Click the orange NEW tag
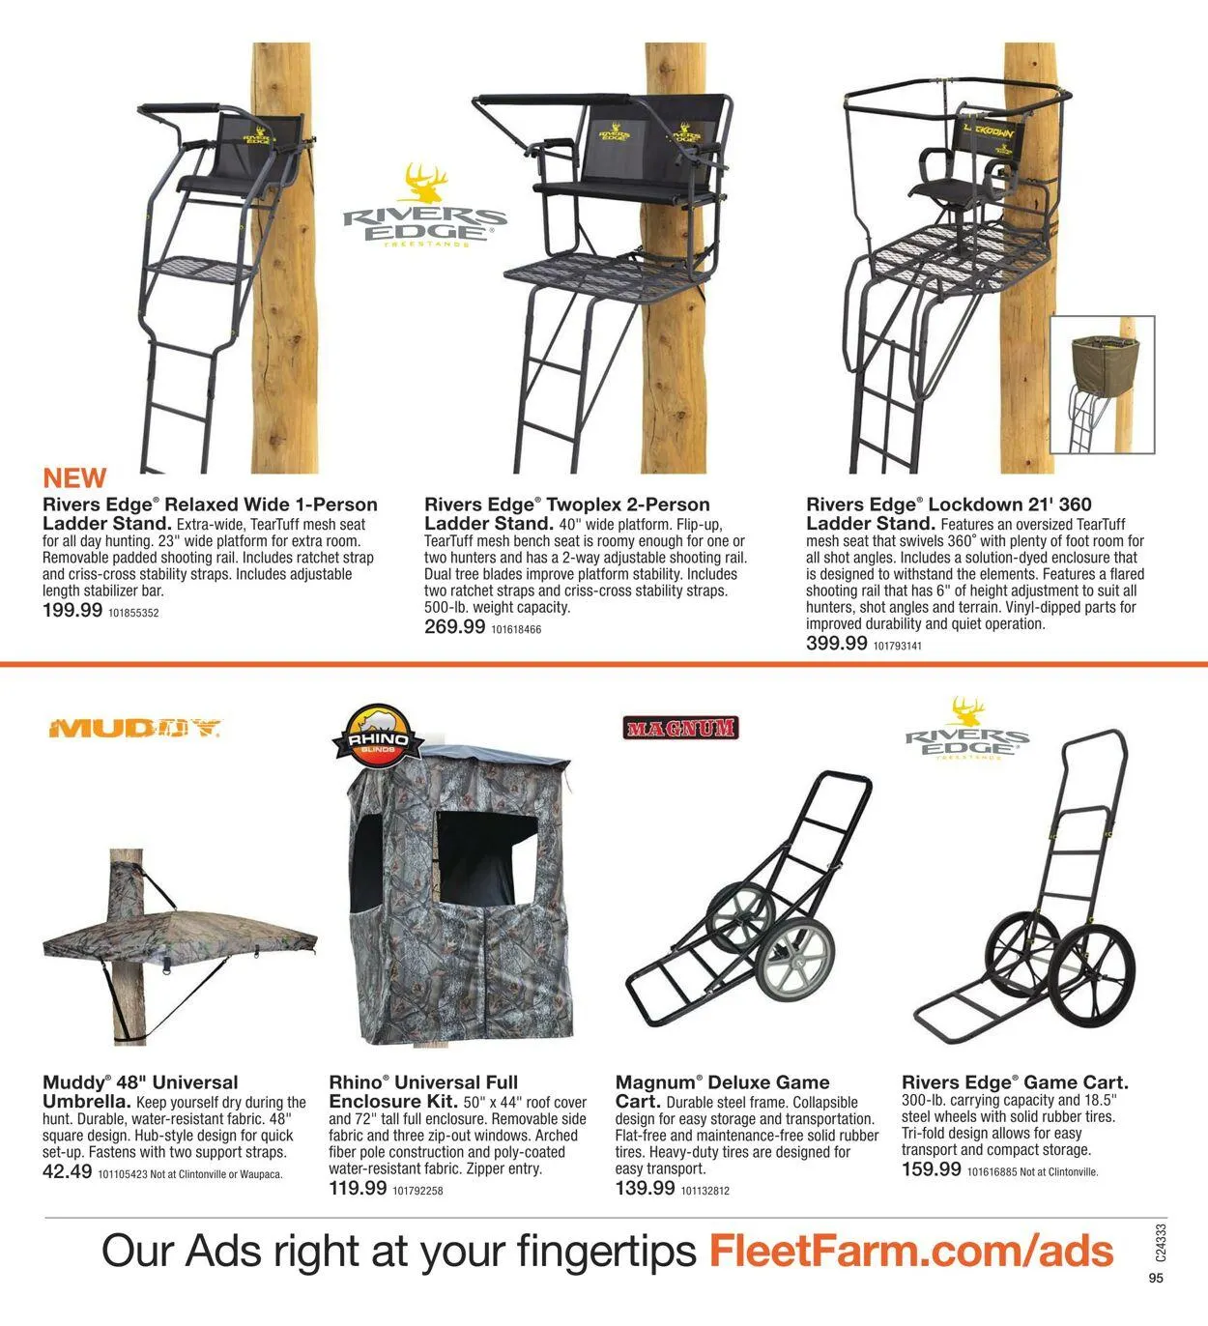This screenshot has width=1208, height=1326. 74,477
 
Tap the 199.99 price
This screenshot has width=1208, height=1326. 72,610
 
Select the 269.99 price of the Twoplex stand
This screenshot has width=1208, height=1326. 454,626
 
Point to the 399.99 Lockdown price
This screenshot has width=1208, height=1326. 836,643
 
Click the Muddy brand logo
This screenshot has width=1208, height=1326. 134,728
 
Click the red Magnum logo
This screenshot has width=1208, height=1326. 680,728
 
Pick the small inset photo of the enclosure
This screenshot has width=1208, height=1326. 1103,386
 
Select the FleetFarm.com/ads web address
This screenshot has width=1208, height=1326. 910,1251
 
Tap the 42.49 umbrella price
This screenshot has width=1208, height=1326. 68,1172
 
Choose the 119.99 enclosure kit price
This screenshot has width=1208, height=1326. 358,1189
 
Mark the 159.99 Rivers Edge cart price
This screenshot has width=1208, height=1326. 931,1169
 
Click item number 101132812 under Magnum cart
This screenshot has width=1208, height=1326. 705,1191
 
